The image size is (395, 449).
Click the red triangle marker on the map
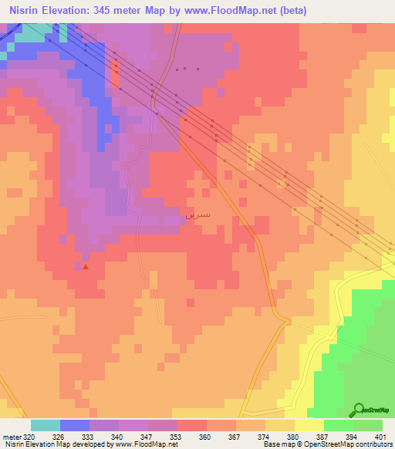(x=86, y=268)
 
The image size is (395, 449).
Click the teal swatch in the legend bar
(x=46, y=425)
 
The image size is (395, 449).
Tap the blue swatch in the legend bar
(x=75, y=425)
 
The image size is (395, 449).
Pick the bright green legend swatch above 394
(x=339, y=425)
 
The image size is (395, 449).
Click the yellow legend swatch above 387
(x=309, y=425)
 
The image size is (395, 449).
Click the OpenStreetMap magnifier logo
(x=358, y=410)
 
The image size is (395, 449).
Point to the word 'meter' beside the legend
(x=10, y=437)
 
